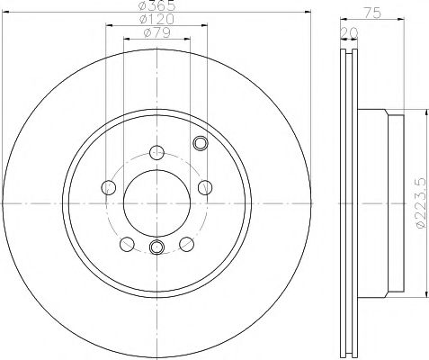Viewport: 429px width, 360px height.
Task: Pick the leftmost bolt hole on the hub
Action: pos(110,187)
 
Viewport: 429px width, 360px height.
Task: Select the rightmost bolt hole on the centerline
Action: pos(204,187)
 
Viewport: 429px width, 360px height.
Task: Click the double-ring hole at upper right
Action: pos(201,141)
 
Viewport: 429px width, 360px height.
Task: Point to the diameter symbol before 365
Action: pos(143,7)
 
